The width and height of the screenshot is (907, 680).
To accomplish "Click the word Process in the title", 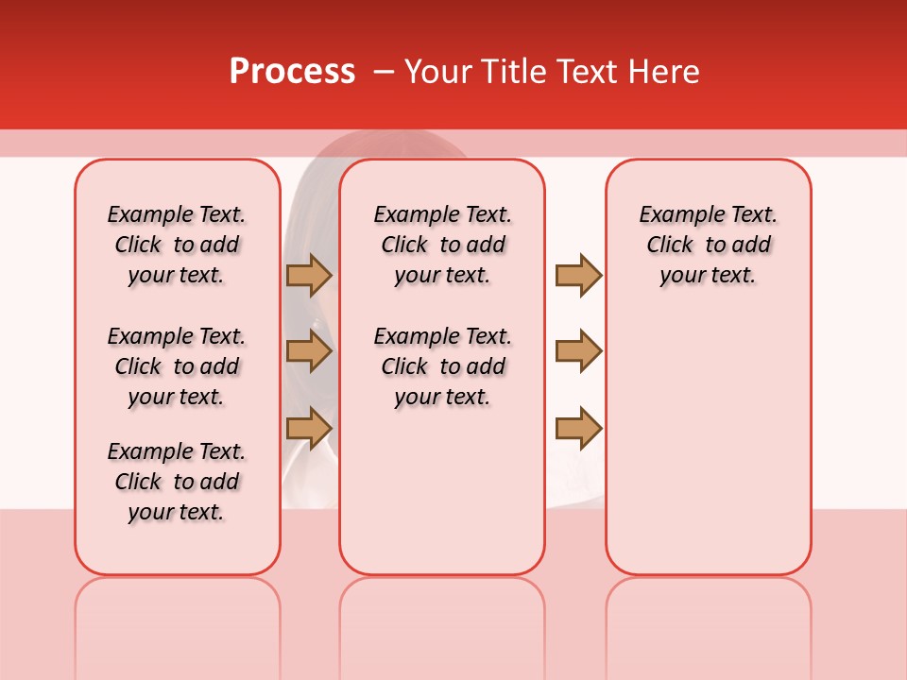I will click(x=292, y=72).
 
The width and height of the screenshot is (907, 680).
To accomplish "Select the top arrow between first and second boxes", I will click(x=308, y=275).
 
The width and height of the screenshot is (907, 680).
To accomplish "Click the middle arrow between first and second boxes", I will click(x=308, y=351).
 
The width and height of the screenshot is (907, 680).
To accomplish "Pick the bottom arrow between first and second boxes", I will click(x=308, y=428).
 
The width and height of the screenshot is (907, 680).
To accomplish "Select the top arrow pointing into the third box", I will click(x=578, y=275).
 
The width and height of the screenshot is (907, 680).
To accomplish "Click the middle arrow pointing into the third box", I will click(x=578, y=351).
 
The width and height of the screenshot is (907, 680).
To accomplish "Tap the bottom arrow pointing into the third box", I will click(x=578, y=428).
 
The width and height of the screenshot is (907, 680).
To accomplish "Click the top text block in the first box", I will click(x=177, y=245).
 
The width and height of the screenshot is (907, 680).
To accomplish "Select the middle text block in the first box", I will click(x=177, y=366).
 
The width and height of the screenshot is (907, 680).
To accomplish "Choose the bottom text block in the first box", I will click(x=177, y=482).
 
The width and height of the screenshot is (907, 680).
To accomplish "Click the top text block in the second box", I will click(x=443, y=245).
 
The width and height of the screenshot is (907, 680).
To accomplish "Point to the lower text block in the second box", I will click(x=443, y=366).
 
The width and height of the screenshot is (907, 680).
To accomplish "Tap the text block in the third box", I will click(x=709, y=245).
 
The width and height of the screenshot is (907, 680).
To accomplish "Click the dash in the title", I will click(x=384, y=72).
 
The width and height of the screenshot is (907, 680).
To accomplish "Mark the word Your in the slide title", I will click(x=439, y=72).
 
